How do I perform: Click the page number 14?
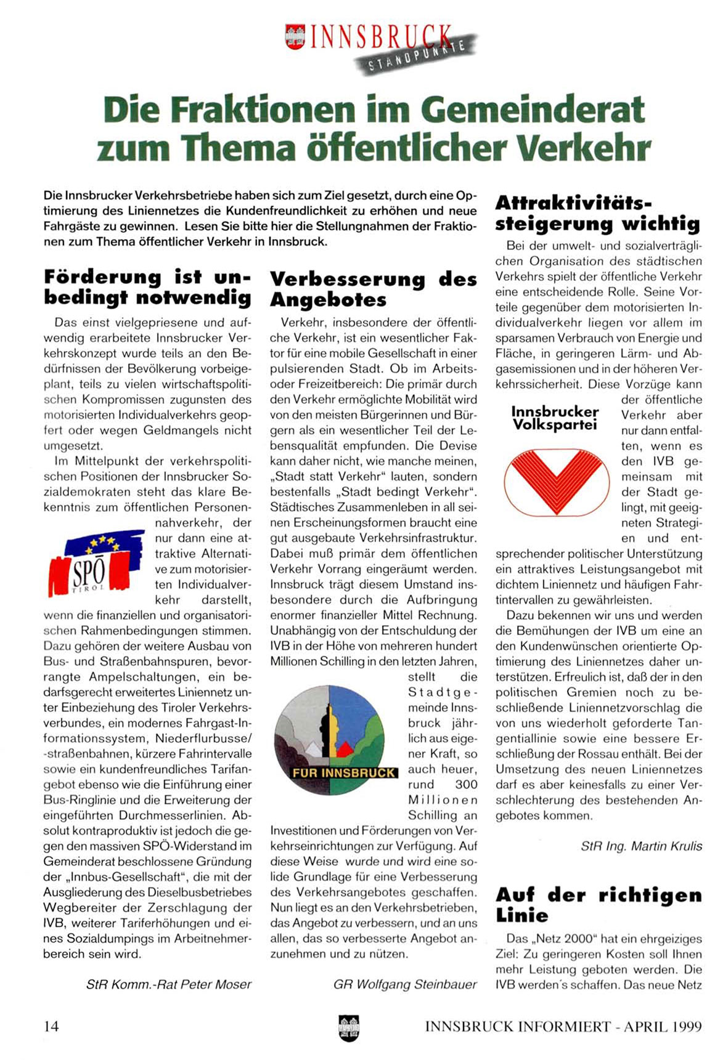(51, 1026)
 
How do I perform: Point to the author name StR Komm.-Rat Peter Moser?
(169, 984)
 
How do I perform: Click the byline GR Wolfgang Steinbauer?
(405, 984)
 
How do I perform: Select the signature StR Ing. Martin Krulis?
(641, 846)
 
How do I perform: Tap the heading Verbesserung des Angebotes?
(373, 289)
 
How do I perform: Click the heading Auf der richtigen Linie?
(598, 905)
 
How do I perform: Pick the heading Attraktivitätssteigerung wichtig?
(597, 212)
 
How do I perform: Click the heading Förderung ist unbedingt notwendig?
(147, 287)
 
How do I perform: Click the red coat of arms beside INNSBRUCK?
(296, 36)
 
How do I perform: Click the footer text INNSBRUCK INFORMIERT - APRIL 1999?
(563, 1027)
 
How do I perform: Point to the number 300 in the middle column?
(466, 784)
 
